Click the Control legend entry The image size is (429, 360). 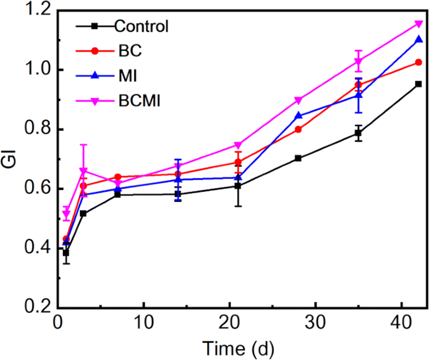tap(140, 26)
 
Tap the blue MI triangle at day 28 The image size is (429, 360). tap(298, 115)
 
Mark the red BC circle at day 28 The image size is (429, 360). tap(298, 130)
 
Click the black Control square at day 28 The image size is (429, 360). tap(298, 158)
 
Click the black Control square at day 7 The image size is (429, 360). tap(117, 194)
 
